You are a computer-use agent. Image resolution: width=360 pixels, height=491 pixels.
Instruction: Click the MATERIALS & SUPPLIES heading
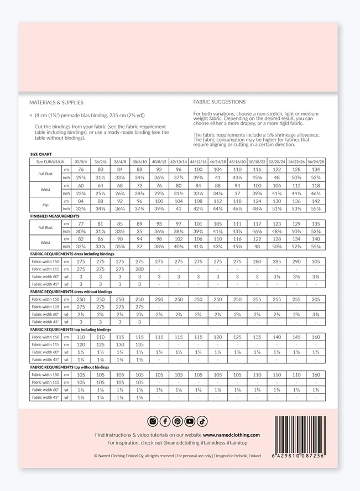point(56,102)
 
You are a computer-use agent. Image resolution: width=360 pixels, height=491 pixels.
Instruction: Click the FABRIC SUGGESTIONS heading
point(220,102)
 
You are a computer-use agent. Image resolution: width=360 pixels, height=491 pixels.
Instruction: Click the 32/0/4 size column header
point(81,161)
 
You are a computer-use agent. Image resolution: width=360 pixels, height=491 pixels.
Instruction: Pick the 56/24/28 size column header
point(316,161)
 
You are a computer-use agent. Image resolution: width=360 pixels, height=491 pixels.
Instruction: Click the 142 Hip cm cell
point(316,201)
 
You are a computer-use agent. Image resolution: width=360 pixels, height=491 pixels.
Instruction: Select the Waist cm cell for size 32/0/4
point(81,185)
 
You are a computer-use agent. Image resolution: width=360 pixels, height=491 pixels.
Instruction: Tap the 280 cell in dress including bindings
point(139,269)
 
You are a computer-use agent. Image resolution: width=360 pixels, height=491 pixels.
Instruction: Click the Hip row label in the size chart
point(45,205)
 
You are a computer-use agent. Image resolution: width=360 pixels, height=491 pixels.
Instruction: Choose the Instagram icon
point(153,421)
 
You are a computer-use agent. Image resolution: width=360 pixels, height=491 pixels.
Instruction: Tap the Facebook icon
point(165,421)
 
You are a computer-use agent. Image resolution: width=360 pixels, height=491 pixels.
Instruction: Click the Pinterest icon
point(177,421)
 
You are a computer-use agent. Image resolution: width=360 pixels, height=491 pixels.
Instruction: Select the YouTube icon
point(190,421)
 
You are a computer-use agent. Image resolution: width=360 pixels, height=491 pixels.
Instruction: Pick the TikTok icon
point(202,421)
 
